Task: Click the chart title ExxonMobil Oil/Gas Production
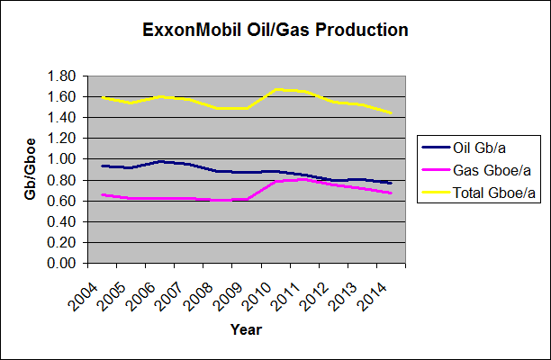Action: coord(275,30)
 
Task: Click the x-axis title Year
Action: coord(245,330)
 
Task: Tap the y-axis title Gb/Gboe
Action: coord(30,170)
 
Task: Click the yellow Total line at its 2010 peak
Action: coord(280,89)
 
